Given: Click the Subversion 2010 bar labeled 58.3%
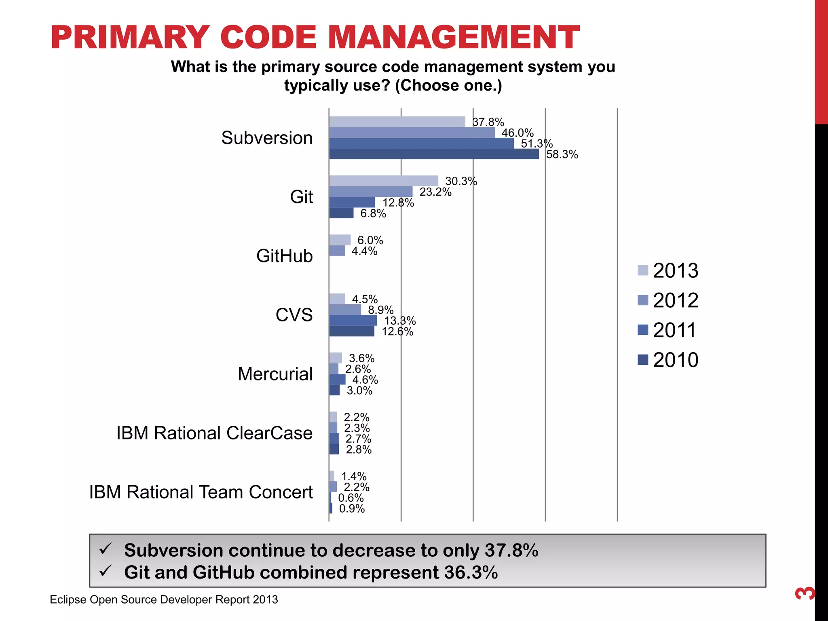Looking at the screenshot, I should click(x=433, y=154).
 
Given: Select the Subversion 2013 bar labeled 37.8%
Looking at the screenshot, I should click(x=397, y=122).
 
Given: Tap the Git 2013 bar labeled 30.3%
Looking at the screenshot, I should click(x=383, y=181).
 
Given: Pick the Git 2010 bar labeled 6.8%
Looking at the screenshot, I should click(x=341, y=213).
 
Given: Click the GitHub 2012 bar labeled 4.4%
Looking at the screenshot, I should click(x=337, y=251).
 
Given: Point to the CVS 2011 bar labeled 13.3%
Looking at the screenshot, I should click(x=353, y=321).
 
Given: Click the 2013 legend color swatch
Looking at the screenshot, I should click(x=642, y=270).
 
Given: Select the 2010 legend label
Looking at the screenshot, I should click(x=675, y=360).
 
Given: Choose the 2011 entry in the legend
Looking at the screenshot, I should click(x=667, y=330).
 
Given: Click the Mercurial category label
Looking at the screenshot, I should click(x=275, y=374).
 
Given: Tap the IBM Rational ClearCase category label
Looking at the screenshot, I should click(x=214, y=433).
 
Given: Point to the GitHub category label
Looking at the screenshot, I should click(x=284, y=256).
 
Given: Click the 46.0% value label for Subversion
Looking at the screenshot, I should click(x=517, y=133).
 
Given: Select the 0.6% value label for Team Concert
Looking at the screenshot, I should click(x=351, y=498).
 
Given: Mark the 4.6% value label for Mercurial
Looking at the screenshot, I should click(x=365, y=380).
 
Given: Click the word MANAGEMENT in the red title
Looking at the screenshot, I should click(x=453, y=38).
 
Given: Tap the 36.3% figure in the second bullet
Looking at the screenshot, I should click(x=471, y=572).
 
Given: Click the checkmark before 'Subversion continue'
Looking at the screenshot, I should click(x=106, y=549).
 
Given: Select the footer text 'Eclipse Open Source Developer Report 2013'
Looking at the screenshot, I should click(x=164, y=600).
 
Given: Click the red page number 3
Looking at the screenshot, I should click(x=805, y=593).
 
